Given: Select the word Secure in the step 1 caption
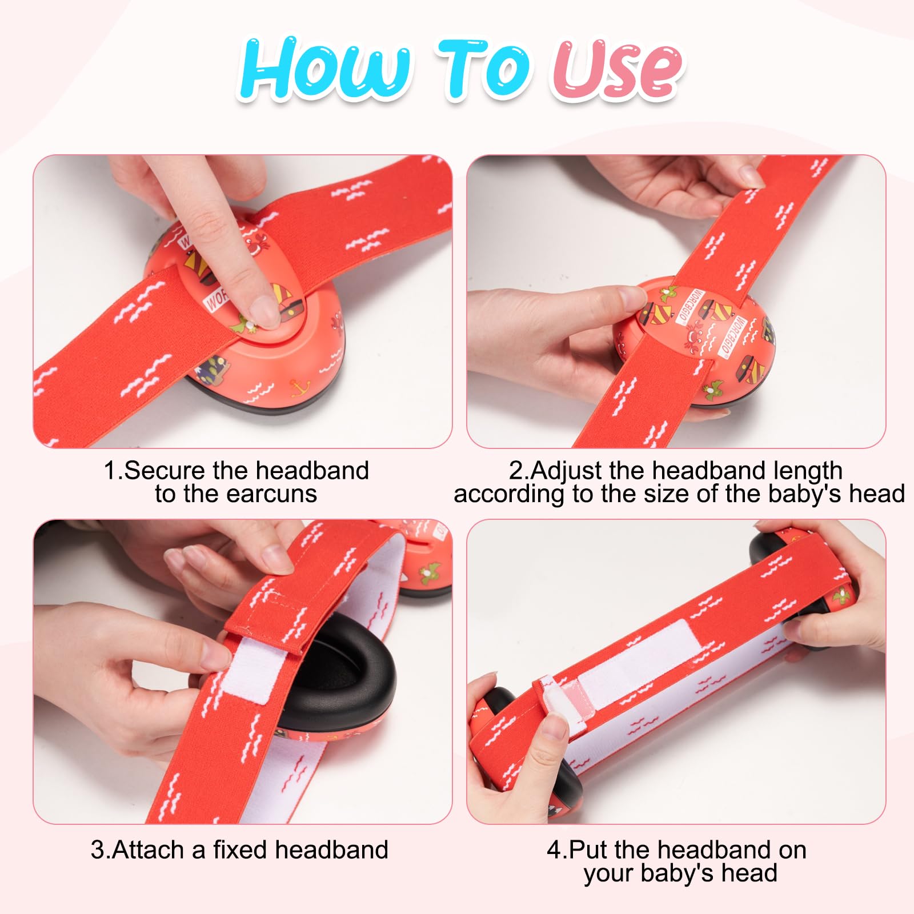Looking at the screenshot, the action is pyautogui.click(x=165, y=471).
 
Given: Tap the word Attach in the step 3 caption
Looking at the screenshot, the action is pyautogui.click(x=150, y=850).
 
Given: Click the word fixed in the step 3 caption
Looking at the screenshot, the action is pyautogui.click(x=240, y=850).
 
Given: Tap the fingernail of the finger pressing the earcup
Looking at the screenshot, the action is pyautogui.click(x=264, y=310).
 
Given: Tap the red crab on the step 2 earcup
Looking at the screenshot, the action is pyautogui.click(x=696, y=331).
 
